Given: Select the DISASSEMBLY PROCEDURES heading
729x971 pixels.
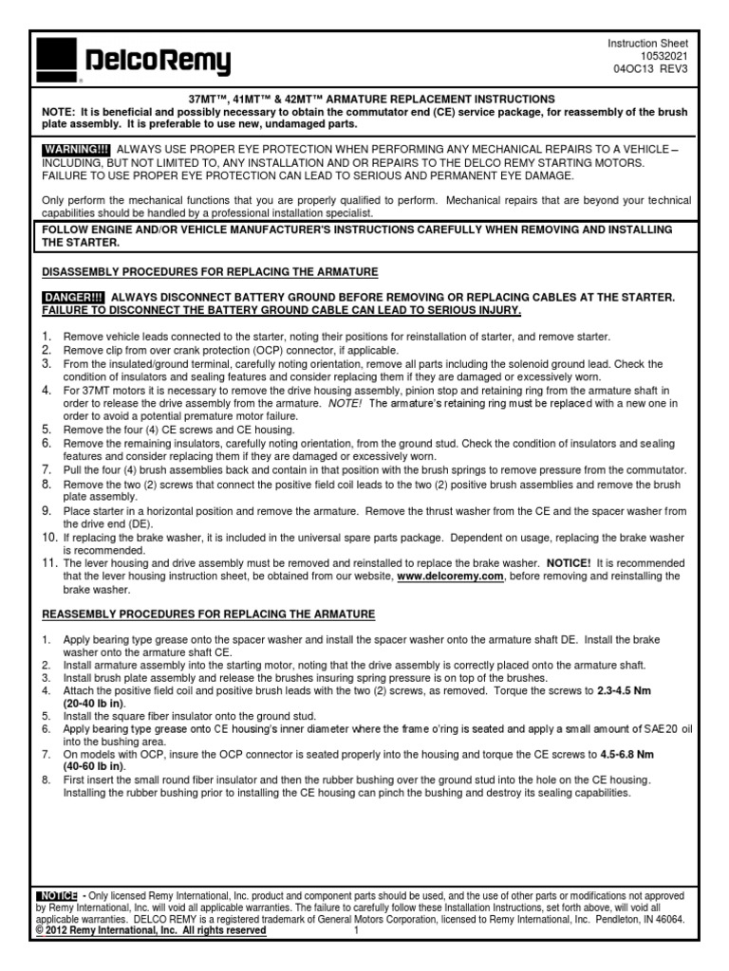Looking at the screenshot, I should point(210,272).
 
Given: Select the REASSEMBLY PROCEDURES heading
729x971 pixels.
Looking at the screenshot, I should point(209,614).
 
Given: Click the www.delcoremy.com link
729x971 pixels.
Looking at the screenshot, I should point(449,577).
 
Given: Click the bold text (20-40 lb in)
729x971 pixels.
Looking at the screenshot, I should point(94,705).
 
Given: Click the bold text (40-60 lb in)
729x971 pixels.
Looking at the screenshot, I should point(94,766).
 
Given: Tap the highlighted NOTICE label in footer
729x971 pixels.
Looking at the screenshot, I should point(57,895).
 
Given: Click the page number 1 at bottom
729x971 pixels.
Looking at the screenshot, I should point(354,931).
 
